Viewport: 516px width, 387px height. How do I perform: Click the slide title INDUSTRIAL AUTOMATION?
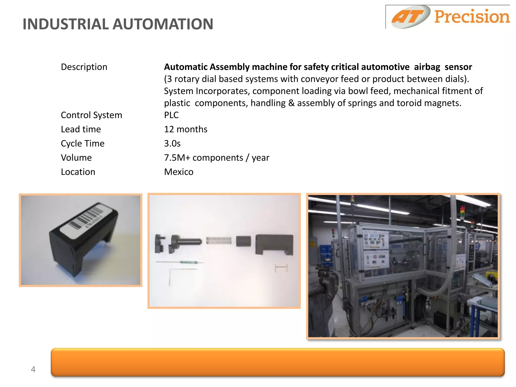coord(118,24)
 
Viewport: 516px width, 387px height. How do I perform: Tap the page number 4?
coord(33,369)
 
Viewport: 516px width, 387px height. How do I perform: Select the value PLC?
coord(171,115)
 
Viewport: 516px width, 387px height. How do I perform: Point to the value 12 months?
coord(186,129)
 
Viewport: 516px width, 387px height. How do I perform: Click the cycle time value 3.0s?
coord(172,144)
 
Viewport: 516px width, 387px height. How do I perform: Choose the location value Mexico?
coord(179,172)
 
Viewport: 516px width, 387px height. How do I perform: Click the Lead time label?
coord(81,129)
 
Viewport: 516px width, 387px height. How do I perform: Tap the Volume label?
coord(76,158)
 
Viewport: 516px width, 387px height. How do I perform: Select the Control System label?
coord(91,115)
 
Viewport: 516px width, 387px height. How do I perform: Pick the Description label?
coord(84,67)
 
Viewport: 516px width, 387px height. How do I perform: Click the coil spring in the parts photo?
coord(219,241)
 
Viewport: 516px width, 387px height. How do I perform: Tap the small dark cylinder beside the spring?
coord(243,241)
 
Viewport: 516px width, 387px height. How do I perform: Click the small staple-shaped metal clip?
coord(281,268)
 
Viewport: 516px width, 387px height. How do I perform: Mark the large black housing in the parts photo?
coord(274,244)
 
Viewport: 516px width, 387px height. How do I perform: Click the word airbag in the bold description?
coord(427,67)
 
